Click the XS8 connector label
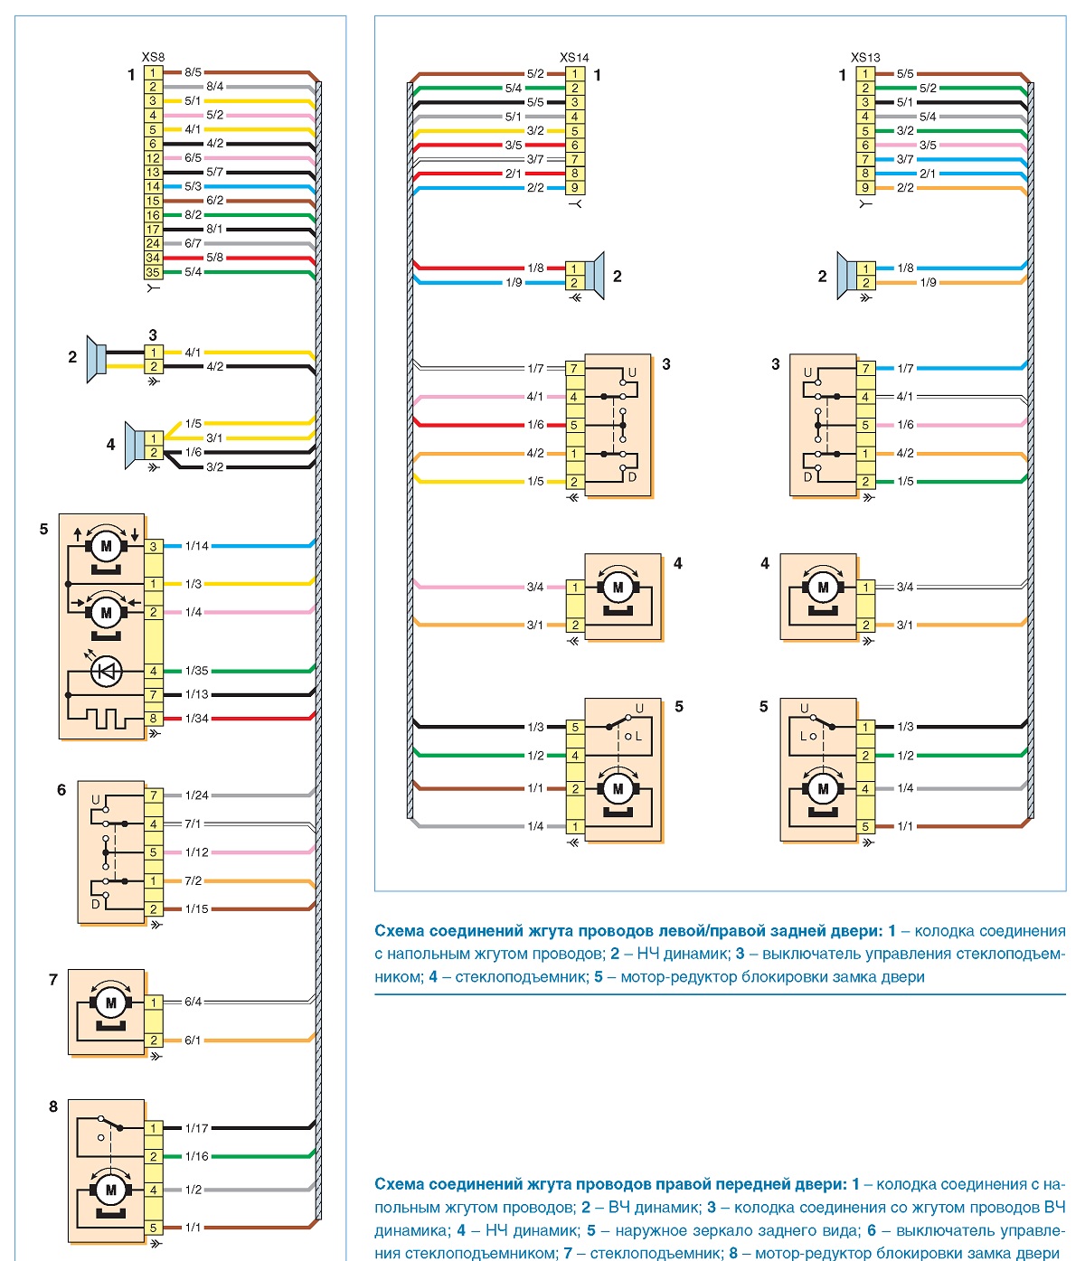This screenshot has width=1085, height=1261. pyautogui.click(x=153, y=57)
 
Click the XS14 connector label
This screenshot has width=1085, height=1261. pyautogui.click(x=573, y=57)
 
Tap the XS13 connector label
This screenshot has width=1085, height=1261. pyautogui.click(x=864, y=57)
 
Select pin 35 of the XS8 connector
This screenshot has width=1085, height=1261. pyautogui.click(x=153, y=272)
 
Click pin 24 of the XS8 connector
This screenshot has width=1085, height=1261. pyautogui.click(x=153, y=243)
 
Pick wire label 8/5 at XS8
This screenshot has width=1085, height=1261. pyautogui.click(x=193, y=72)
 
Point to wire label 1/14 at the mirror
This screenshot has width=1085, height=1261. pyautogui.click(x=196, y=545)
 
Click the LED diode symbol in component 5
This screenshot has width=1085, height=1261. pyautogui.click(x=106, y=671)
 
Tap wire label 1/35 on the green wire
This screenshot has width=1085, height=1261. pyautogui.click(x=196, y=671)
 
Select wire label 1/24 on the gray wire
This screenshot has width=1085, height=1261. pyautogui.click(x=196, y=795)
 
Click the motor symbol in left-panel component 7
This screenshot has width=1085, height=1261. pyautogui.click(x=110, y=1002)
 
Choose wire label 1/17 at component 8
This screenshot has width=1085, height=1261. pyautogui.click(x=196, y=1128)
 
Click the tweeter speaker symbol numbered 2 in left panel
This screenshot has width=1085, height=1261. pyautogui.click(x=96, y=359)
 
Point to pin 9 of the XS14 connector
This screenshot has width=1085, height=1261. pyautogui.click(x=574, y=188)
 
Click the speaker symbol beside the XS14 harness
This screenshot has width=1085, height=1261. pyautogui.click(x=594, y=275)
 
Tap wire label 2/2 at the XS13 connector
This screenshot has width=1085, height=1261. pyautogui.click(x=905, y=188)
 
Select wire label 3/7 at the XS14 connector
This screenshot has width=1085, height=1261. pyautogui.click(x=534, y=159)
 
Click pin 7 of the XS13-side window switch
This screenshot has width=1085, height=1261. pyautogui.click(x=864, y=369)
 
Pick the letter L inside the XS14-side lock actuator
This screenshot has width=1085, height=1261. pyautogui.click(x=638, y=737)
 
